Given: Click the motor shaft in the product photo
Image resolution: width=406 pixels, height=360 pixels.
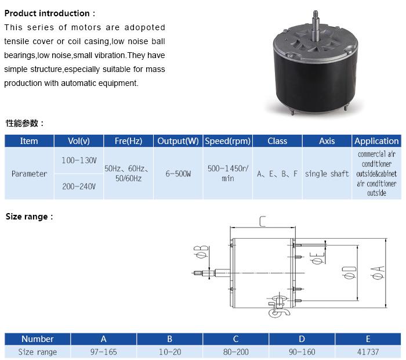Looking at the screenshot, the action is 316,26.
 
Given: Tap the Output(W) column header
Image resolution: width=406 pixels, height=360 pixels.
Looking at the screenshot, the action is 178,141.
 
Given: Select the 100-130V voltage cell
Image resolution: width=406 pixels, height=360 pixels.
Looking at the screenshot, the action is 79,160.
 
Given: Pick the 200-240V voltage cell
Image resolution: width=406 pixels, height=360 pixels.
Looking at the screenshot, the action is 79,186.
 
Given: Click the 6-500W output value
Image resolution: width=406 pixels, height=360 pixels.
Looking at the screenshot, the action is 178,174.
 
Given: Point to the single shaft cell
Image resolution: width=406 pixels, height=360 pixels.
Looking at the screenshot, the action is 327,174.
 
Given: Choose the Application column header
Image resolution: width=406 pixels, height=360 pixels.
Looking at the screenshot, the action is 376,141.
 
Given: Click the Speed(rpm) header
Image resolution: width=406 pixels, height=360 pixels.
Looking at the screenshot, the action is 228,141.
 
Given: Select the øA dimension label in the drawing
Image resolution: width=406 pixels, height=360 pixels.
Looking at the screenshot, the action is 377,273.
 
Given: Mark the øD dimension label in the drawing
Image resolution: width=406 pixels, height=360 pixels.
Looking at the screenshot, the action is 349,272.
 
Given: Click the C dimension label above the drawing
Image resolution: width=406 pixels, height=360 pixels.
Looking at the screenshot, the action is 263,221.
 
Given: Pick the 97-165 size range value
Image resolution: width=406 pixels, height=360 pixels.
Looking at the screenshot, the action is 104,352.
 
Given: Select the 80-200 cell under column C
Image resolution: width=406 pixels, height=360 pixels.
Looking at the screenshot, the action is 236,352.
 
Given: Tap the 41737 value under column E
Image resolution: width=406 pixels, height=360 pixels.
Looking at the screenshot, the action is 368,352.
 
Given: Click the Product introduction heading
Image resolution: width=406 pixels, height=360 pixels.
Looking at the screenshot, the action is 50,13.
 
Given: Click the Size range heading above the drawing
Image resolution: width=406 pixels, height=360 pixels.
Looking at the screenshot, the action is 29,217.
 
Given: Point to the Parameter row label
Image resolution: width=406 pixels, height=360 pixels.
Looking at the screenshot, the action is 29,174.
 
